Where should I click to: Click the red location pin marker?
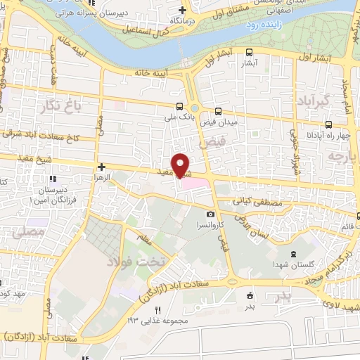(x=181, y=165)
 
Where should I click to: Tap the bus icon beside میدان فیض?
(x=219, y=111)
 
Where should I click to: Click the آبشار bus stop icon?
(x=249, y=51)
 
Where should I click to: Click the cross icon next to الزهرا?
(x=102, y=167)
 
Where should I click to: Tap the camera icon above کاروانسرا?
(x=210, y=214)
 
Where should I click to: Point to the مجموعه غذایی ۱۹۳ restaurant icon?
(x=157, y=310)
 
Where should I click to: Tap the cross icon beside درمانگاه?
(x=183, y=10)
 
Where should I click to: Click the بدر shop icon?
(x=250, y=296)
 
